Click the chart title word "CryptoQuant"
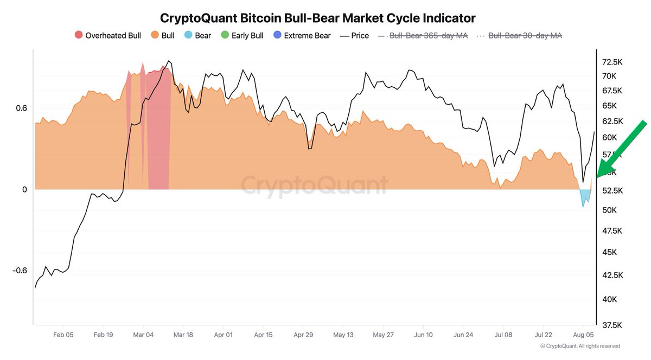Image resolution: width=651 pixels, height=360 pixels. tap(194, 18)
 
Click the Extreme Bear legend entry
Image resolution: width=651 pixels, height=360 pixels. tap(302, 36)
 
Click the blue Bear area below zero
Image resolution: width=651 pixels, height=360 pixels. tap(584, 197)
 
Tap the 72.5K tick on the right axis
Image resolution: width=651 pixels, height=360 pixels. tap(612, 62)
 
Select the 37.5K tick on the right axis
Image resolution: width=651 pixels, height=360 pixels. tap(612, 325)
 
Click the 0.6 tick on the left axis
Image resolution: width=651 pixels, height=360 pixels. tap(21, 108)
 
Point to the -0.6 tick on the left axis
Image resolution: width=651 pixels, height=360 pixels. tap(20, 271)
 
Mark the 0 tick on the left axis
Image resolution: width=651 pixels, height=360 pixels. tap(24, 190)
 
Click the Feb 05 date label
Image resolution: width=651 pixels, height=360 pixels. tap(63, 335)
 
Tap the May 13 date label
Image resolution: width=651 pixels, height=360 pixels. tap(343, 335)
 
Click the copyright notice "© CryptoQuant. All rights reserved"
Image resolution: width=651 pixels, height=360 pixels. tap(580, 346)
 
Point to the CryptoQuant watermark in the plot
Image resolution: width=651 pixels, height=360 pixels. tap(315, 185)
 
